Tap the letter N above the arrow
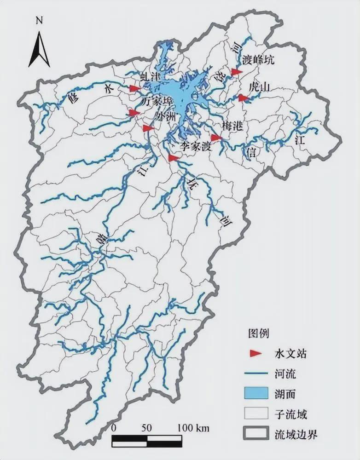click(40, 21)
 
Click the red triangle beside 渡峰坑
click(237, 72)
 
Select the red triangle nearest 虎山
click(243, 98)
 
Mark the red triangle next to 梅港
click(216, 138)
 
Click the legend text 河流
click(285, 374)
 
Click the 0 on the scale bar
click(114, 427)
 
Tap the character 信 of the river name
click(252, 151)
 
